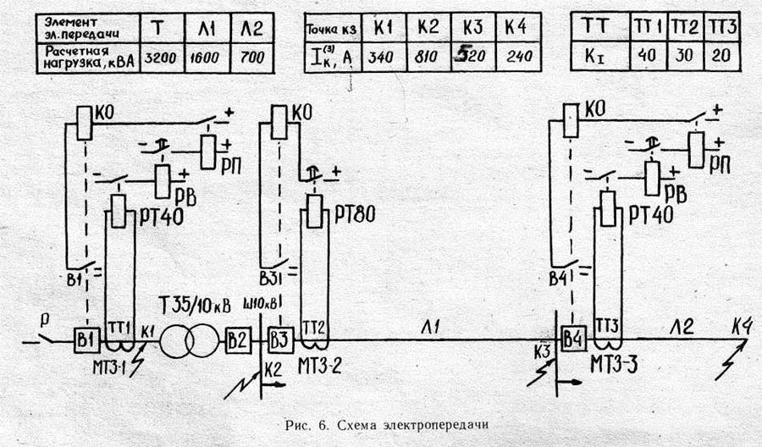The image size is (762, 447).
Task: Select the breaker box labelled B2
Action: tap(236, 341)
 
